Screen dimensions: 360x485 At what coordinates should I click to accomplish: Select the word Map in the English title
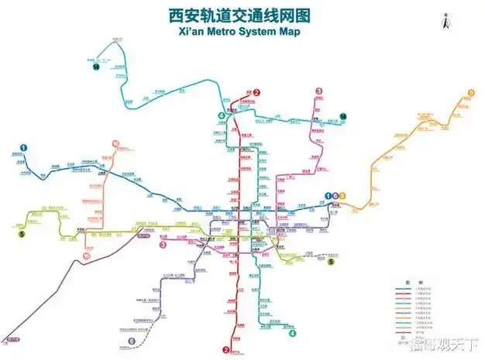coord(303,33)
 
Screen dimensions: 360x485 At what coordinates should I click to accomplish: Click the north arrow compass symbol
coord(445,22)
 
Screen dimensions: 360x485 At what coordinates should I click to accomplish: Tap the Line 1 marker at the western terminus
coord(24,147)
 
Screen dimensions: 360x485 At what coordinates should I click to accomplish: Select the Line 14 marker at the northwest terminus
coord(95,68)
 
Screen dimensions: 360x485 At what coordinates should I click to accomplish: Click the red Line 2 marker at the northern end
coord(256,92)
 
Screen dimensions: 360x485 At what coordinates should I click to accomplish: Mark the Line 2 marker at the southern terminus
coord(226,349)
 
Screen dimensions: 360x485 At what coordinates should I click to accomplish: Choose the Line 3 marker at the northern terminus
coord(318,91)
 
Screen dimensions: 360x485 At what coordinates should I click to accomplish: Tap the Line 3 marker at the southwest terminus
coord(163,245)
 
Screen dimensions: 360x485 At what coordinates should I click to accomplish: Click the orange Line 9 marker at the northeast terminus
coord(470,93)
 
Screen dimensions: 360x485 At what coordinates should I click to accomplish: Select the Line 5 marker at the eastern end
coord(331,262)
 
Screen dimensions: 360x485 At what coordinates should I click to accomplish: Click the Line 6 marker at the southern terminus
coord(132,341)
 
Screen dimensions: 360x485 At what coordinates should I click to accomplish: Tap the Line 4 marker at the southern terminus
coord(292,334)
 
